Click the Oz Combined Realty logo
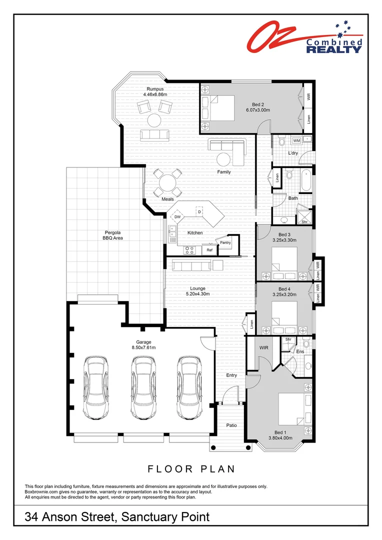point(305,38)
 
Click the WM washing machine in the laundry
point(296,140)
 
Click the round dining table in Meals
point(167,182)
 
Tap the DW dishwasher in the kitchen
point(177,217)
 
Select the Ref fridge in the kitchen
point(209,249)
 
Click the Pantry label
point(225,242)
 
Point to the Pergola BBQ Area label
point(113,235)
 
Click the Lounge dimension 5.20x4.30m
point(197,294)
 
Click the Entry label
point(231,375)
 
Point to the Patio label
point(231,425)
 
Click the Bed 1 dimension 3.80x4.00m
point(279,438)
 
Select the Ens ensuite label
point(300,351)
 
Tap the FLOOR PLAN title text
point(191,469)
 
